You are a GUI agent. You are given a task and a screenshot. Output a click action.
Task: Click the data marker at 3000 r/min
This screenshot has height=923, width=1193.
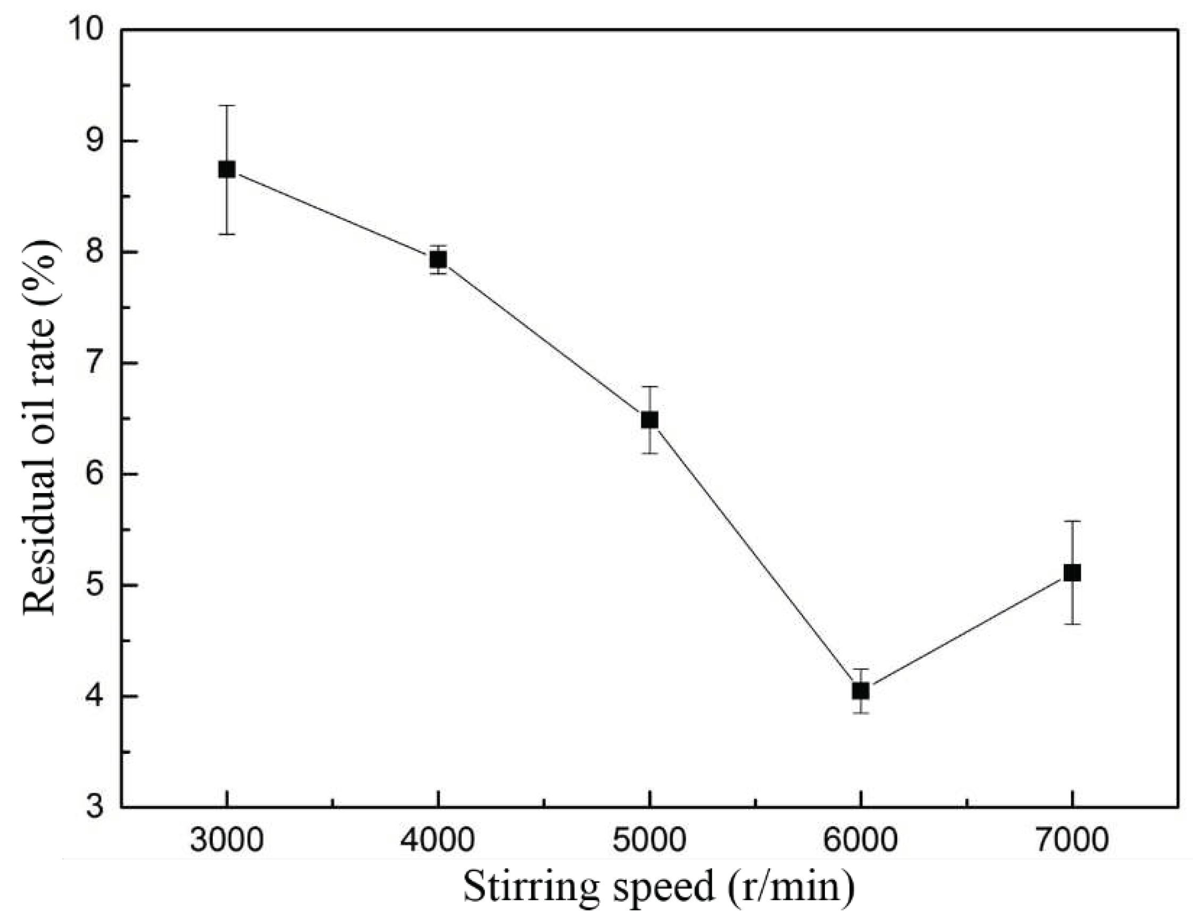pyautogui.click(x=227, y=169)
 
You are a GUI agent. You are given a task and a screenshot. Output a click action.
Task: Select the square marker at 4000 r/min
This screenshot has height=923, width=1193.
pyautogui.click(x=438, y=260)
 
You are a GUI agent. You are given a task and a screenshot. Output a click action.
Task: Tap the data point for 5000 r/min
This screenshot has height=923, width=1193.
pyautogui.click(x=649, y=420)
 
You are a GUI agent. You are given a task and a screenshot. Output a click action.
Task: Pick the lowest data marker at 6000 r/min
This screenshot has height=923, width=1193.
pyautogui.click(x=861, y=691)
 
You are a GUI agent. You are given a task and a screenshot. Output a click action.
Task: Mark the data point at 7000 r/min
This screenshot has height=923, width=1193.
pyautogui.click(x=1072, y=573)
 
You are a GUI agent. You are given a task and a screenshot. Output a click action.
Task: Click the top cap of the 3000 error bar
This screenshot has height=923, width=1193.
pyautogui.click(x=227, y=105)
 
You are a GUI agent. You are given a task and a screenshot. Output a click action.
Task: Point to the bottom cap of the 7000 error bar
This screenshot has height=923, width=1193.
pyautogui.click(x=1072, y=623)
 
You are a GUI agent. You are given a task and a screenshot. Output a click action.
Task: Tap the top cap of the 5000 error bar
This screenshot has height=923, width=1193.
pyautogui.click(x=649, y=386)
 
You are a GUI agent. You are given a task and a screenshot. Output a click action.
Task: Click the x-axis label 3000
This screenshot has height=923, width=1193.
pyautogui.click(x=227, y=840)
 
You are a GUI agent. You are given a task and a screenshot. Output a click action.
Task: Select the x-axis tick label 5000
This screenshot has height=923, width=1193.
pyautogui.click(x=649, y=840)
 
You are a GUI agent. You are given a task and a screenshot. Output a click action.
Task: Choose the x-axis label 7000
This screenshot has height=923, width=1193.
pyautogui.click(x=1072, y=840)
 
